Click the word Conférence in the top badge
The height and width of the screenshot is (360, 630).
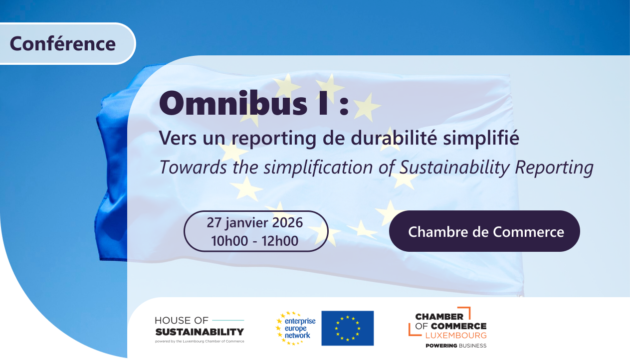coord(63,44)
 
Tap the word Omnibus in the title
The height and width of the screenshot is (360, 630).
coord(233,103)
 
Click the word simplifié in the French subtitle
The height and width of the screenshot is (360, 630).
coord(481,138)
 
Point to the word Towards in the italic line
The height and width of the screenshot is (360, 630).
coord(193,167)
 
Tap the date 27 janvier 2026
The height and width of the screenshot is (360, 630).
coord(255,222)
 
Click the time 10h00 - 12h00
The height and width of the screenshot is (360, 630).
coord(255,241)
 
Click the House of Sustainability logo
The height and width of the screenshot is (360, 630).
coord(200,330)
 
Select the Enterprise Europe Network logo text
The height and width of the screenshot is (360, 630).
coord(300,328)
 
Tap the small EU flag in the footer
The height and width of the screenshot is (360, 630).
coord(348,328)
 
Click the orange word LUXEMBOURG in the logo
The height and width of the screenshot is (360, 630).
coord(456,335)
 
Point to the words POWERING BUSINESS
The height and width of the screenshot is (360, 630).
coord(456,346)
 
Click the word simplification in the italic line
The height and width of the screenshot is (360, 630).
coord(318,168)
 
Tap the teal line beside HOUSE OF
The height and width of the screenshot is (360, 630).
coord(228,320)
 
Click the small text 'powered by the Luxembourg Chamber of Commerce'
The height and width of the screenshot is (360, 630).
coord(200,342)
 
